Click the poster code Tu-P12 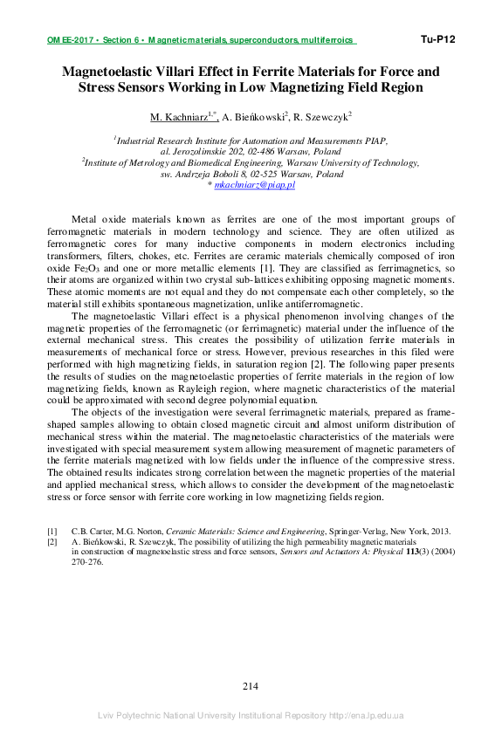click(438, 39)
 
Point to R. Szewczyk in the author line click(323, 116)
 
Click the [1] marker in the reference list click(52, 531)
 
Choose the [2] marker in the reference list click(52, 541)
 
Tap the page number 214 click(251, 686)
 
